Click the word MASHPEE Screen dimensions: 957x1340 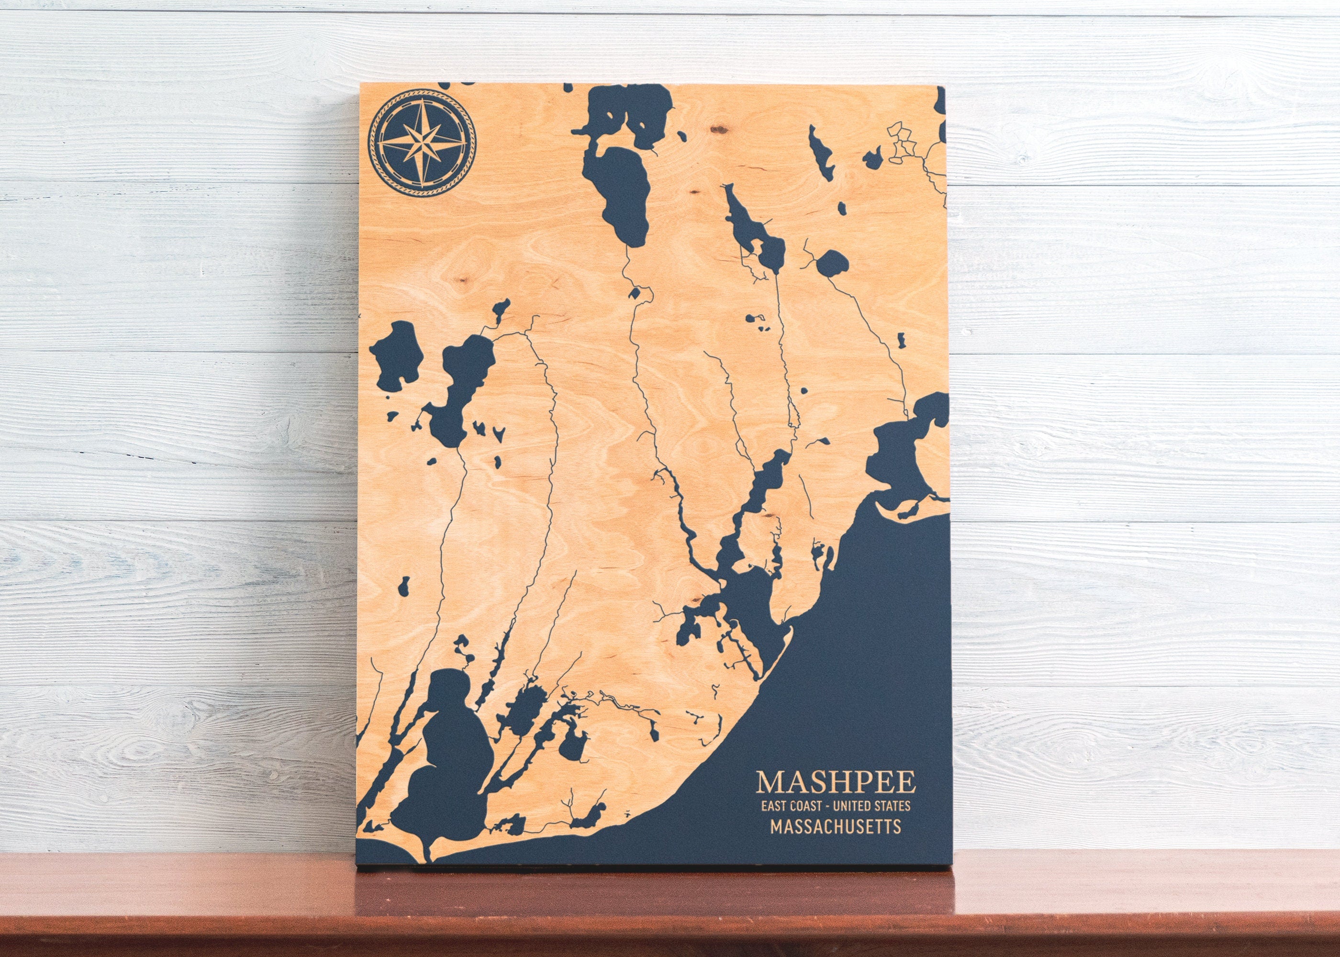(x=836, y=782)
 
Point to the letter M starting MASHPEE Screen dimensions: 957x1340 (x=770, y=782)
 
